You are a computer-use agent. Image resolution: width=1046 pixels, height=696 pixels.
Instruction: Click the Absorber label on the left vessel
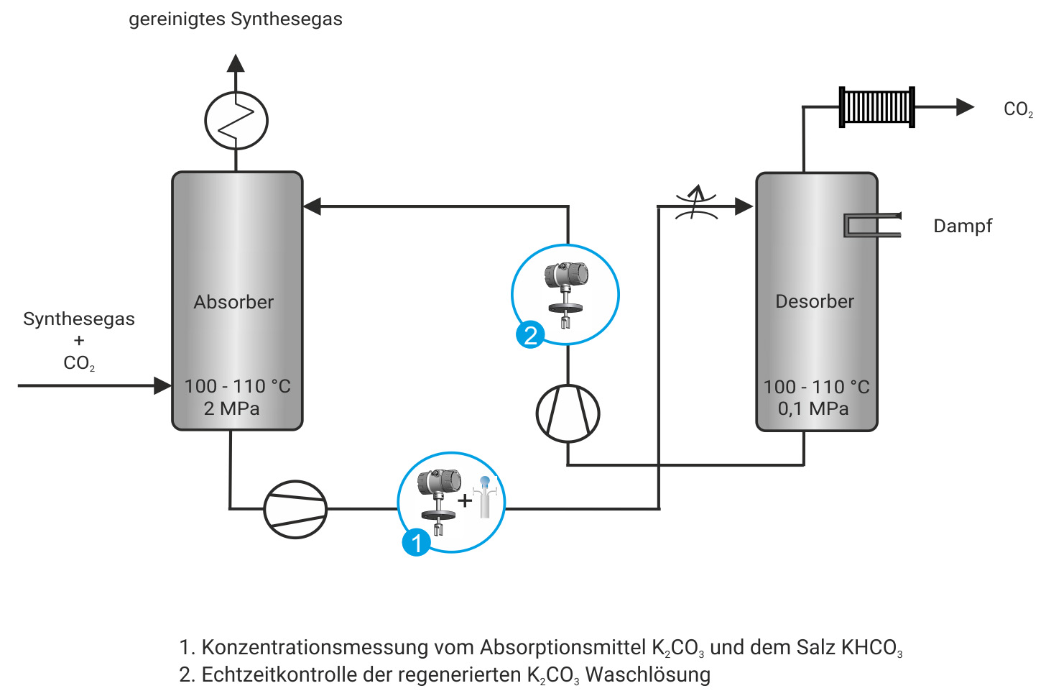[x=233, y=302]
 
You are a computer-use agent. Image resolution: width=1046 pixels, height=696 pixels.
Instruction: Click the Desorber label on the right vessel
[x=815, y=301]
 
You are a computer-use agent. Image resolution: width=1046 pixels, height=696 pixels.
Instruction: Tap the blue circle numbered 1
[x=417, y=542]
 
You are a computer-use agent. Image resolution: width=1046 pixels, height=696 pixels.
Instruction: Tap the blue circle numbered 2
[x=530, y=335]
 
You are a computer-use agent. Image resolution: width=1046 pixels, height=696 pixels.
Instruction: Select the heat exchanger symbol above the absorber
[x=236, y=120]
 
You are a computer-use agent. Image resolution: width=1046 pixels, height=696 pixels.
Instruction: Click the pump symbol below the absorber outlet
[x=295, y=509]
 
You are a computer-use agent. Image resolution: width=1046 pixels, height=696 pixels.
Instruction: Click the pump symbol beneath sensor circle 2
[x=568, y=413]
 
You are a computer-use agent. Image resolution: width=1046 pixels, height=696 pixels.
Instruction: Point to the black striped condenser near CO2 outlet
[x=876, y=107]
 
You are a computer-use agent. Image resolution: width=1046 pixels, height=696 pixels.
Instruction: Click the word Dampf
[x=962, y=226]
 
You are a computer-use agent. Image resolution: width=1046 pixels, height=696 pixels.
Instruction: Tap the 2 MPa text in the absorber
[x=231, y=408]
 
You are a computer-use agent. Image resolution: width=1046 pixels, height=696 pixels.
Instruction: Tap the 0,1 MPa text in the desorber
[x=813, y=408]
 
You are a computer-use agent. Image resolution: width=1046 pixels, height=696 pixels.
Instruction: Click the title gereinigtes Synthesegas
[x=235, y=19]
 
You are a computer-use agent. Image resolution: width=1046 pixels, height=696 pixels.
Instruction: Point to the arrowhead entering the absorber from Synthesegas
[x=162, y=385]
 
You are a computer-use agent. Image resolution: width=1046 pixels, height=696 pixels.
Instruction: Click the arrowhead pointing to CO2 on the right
[x=965, y=107]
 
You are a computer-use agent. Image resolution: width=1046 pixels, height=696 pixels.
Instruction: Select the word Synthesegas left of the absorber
[x=79, y=319]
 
